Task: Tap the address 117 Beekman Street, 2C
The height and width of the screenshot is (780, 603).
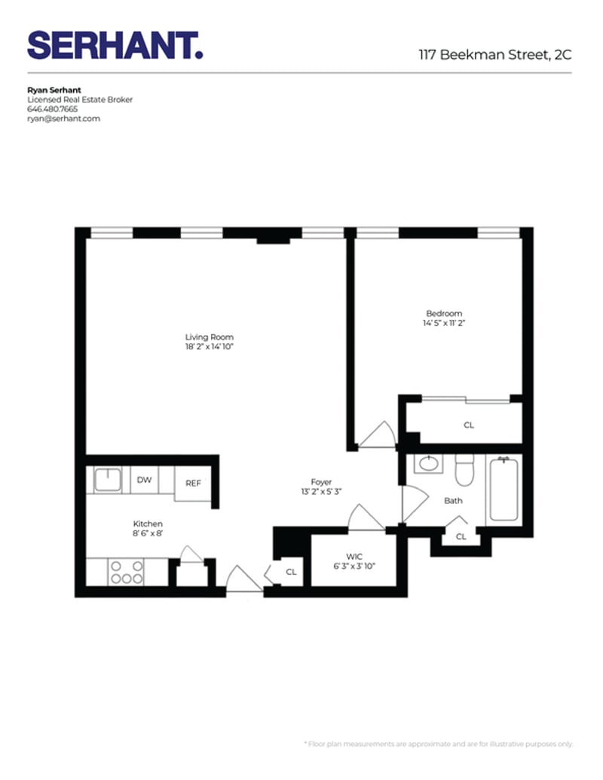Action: click(494, 54)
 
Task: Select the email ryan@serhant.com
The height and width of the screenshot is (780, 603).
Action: click(63, 118)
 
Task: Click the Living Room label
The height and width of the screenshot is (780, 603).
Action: click(210, 337)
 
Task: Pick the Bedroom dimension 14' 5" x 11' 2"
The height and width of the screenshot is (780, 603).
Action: click(444, 323)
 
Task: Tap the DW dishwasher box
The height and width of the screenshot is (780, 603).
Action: click(144, 479)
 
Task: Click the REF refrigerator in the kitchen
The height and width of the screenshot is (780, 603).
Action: click(193, 483)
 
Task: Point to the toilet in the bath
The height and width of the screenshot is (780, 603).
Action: click(464, 470)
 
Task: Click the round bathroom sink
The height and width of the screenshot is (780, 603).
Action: click(430, 463)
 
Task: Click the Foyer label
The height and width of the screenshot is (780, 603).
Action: click(321, 482)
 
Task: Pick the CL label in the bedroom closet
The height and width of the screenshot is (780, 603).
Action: click(469, 425)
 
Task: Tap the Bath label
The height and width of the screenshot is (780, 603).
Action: click(453, 500)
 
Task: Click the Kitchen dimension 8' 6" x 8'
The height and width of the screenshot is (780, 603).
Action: click(148, 533)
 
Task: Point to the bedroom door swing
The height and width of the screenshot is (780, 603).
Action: click(376, 435)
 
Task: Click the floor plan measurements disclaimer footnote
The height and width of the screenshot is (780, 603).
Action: click(438, 743)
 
